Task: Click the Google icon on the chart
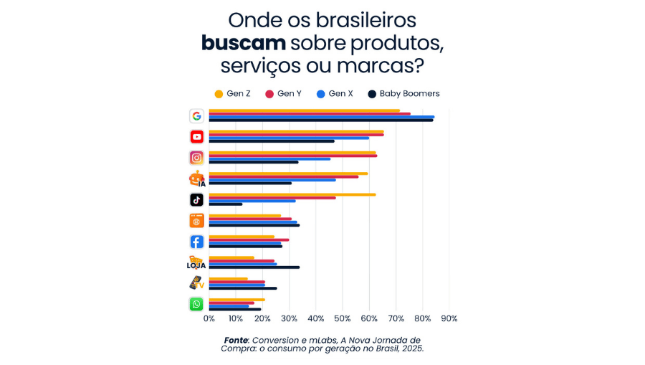coord(196,116)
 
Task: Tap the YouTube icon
coord(196,137)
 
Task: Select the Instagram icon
coord(196,158)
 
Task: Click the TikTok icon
coord(196,199)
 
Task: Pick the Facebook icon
coord(196,242)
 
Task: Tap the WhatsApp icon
coord(196,304)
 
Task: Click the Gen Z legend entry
coord(232,94)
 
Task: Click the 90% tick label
coord(449,318)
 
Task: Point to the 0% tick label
coord(209,318)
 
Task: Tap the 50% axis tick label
coord(342,318)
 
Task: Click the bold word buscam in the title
coord(243,43)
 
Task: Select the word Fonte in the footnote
coord(236,339)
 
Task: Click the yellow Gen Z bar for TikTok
coord(292,194)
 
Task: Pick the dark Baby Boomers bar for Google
coord(320,120)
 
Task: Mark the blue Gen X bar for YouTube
coord(289,138)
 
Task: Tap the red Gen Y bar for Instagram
coord(292,156)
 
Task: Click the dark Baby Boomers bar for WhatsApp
coord(234,309)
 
